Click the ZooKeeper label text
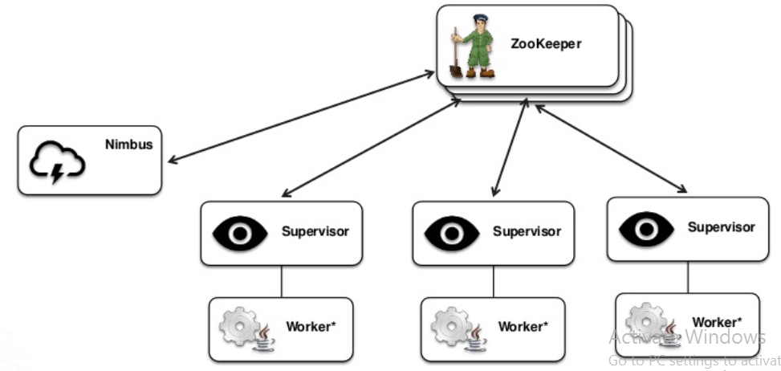[545, 43]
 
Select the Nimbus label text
[128, 145]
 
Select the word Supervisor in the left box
[315, 232]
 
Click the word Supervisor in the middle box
[527, 232]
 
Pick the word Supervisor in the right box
[721, 227]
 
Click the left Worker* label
[311, 327]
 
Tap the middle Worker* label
[523, 326]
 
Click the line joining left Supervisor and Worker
[281, 281]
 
